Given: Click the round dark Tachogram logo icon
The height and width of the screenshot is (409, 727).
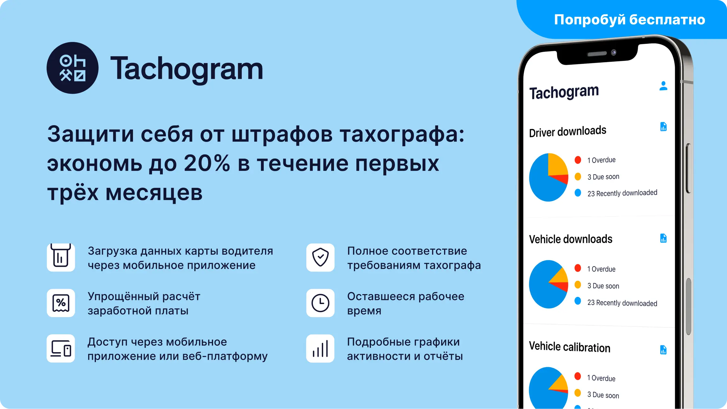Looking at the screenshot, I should [72, 68].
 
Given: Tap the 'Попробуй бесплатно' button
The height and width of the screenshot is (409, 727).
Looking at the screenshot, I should [629, 20].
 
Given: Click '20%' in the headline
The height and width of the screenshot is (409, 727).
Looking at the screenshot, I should [207, 163].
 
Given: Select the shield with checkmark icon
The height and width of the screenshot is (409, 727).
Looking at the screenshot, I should [320, 257].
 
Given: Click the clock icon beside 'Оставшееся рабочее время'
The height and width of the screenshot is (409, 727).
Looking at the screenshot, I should [320, 303].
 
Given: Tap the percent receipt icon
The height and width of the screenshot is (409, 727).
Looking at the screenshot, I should [61, 303].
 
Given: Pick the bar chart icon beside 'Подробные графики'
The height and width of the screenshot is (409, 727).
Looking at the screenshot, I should [320, 348].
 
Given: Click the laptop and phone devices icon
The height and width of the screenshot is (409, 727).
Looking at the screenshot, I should [61, 348].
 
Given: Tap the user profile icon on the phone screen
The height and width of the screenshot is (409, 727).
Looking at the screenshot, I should [663, 86].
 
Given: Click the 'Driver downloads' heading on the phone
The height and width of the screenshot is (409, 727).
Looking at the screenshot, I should [568, 131].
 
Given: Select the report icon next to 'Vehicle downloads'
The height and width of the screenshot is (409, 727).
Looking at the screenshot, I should [663, 238].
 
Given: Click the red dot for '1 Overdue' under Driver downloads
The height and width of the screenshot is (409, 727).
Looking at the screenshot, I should [578, 160].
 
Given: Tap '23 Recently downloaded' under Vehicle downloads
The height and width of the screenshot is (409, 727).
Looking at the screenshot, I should [622, 303].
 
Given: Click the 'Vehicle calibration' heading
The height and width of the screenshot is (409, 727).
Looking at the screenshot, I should [569, 347].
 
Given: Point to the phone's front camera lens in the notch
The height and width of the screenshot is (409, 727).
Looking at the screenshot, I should [614, 52].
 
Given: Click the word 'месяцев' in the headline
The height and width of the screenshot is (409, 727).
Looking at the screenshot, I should [154, 193].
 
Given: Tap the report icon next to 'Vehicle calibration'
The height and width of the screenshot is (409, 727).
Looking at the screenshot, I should [663, 350].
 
